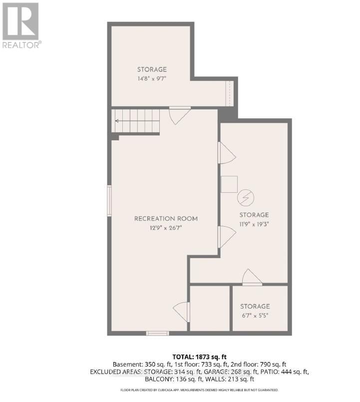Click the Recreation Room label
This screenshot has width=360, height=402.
click(166, 219)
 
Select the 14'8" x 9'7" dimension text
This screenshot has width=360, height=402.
click(152, 79)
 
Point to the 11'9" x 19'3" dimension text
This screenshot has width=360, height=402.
click(253, 225)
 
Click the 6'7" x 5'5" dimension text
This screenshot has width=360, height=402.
click(255, 316)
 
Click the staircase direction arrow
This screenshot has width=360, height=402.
click(118, 121)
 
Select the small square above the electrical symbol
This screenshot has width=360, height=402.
click(230, 184)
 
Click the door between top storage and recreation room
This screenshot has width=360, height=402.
click(179, 114)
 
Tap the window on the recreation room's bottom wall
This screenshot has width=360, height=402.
click(157, 333)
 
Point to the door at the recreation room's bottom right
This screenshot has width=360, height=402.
click(182, 312)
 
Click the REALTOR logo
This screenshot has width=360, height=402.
click(21, 25)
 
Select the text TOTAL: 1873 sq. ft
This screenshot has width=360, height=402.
click(199, 357)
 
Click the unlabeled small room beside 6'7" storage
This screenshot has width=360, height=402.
click(210, 308)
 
